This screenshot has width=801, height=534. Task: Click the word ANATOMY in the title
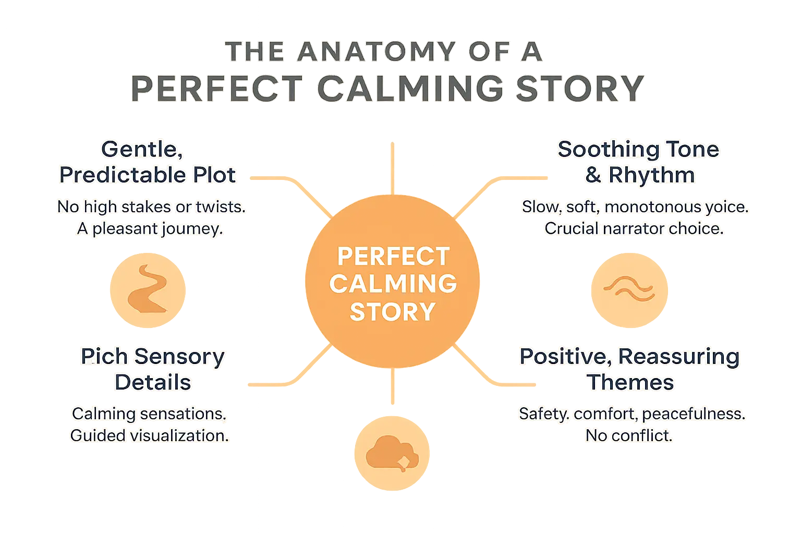(376, 52)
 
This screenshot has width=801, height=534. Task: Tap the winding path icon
(147, 289)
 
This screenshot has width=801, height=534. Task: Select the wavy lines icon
(628, 289)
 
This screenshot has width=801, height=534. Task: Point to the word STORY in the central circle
(392, 312)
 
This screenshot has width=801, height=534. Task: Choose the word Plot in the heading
(214, 175)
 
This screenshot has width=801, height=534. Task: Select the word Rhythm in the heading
(651, 175)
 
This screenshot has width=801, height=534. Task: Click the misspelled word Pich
(104, 357)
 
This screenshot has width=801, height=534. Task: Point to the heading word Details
(153, 382)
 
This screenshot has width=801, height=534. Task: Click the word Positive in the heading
(565, 357)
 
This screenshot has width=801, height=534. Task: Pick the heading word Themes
(630, 382)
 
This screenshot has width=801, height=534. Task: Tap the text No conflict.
(629, 435)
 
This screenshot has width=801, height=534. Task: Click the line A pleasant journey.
(150, 229)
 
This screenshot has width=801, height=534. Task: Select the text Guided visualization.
(150, 435)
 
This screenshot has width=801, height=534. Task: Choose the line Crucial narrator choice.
(634, 229)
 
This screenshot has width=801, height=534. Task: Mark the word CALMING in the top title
(410, 88)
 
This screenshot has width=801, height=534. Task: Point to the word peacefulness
(694, 414)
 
